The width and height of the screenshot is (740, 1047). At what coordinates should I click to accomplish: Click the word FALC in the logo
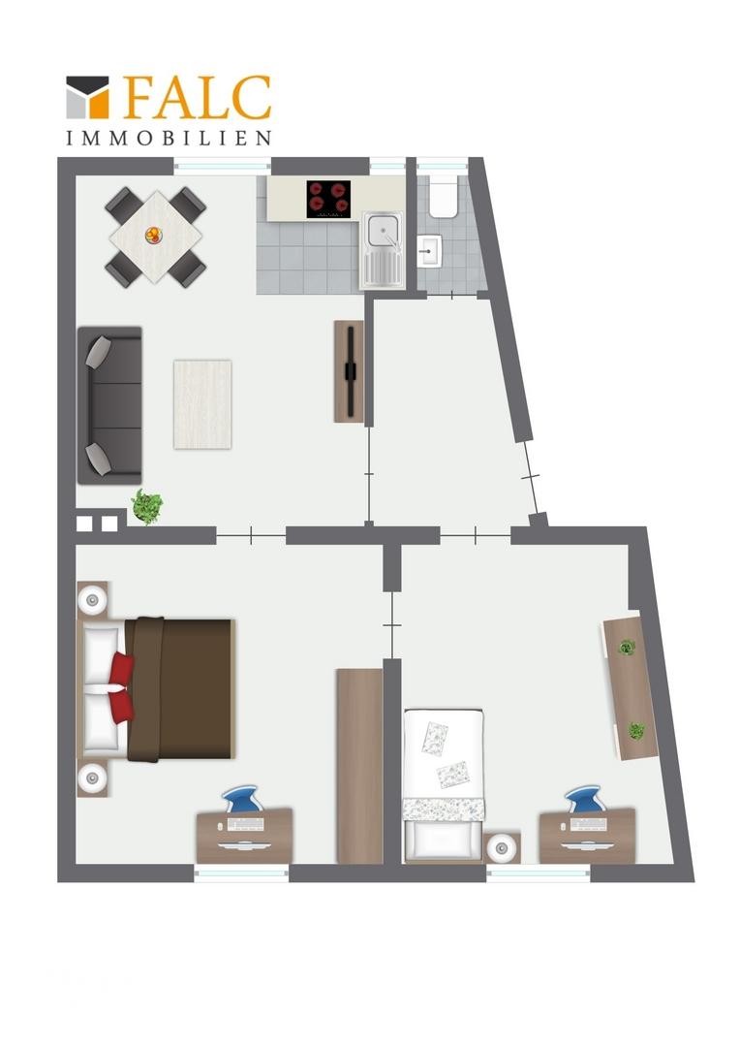tap(198, 98)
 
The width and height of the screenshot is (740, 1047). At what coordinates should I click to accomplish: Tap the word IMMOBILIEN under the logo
tap(169, 139)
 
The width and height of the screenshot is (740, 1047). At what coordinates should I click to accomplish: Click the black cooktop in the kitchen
tap(328, 199)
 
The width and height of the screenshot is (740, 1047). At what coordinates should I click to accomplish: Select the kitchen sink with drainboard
tap(383, 250)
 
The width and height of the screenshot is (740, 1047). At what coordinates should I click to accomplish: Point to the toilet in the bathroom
tap(443, 195)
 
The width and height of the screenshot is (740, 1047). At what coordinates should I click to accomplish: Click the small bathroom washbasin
tap(428, 250)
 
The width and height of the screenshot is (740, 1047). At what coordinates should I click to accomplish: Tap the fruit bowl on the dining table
tap(153, 235)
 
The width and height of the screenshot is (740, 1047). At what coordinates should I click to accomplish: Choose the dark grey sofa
tap(110, 405)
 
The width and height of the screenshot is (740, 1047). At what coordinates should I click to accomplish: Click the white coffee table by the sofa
tap(202, 404)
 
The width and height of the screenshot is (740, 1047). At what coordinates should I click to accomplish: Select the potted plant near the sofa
tap(147, 506)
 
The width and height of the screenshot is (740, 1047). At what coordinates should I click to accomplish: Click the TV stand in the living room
tap(349, 371)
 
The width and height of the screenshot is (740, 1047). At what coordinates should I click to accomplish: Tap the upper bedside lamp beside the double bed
tap(92, 601)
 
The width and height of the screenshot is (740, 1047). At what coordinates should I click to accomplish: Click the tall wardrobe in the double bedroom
tap(359, 765)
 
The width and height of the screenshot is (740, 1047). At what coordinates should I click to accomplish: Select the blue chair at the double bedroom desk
tap(243, 799)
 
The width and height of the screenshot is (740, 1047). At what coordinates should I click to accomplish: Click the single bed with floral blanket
tap(443, 784)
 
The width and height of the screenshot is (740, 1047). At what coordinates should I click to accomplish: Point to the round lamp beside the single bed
tap(501, 848)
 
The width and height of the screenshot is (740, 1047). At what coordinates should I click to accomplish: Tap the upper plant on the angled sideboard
tap(626, 647)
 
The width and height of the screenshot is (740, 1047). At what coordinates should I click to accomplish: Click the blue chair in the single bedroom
tap(587, 799)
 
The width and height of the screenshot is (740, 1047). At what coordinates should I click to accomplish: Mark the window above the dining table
tap(222, 166)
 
